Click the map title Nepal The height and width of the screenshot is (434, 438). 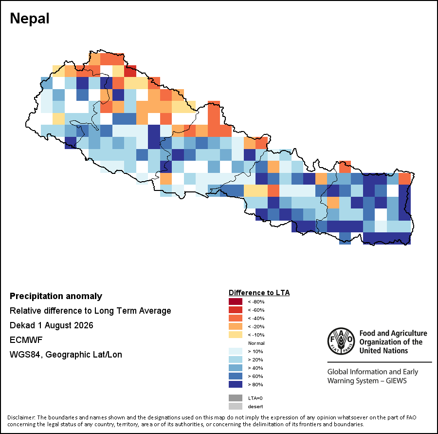30,19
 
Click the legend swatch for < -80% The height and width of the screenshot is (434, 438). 236,302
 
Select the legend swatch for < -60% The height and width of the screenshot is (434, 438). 236,310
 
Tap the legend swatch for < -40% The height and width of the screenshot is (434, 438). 236,318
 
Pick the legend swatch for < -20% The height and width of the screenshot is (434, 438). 236,326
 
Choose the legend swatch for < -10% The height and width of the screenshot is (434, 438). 236,335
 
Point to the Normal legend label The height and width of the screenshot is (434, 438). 256,343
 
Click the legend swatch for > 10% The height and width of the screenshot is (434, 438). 236,351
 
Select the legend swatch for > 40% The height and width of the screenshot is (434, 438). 236,368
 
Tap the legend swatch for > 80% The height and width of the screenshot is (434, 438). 236,384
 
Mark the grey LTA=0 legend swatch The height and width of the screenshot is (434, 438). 236,398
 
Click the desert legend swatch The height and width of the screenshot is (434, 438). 236,406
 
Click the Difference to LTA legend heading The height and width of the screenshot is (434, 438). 259,293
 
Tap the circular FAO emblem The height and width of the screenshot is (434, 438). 341,341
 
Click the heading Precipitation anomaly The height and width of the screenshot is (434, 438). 56,296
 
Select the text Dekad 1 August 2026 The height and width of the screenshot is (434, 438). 52,325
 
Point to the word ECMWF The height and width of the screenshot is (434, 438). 26,340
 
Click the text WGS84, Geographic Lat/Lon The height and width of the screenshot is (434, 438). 66,355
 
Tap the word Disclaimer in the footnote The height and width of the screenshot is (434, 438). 21,417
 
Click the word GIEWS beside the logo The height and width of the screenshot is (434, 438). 396,380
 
